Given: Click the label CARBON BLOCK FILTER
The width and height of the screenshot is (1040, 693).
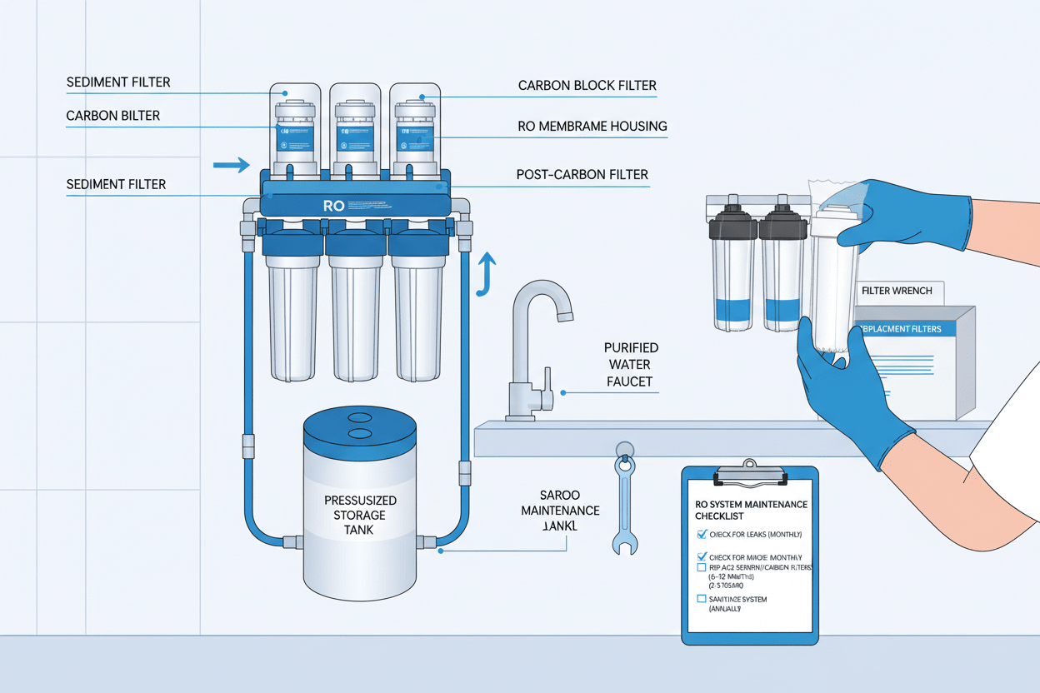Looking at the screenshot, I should (587, 85).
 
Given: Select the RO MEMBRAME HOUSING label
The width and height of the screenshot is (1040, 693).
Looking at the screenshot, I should (592, 127).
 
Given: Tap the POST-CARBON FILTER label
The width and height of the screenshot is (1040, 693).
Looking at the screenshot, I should (582, 175).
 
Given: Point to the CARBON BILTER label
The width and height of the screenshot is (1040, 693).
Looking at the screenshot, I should (112, 116).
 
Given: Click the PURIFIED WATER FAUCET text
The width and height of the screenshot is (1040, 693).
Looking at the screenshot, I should (631, 365).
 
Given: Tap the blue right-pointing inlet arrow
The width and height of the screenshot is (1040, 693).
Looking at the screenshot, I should (231, 165).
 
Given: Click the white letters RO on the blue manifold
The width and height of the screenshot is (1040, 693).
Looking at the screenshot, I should (333, 205).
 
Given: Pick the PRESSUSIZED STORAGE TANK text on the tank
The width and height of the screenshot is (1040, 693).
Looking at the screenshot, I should (360, 515).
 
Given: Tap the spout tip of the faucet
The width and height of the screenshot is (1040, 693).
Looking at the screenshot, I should (564, 315).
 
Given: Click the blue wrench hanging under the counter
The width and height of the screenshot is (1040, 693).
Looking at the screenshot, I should (624, 500).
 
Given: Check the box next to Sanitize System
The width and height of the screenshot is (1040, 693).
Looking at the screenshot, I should (701, 599).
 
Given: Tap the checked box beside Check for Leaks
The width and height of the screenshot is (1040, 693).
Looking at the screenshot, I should (701, 534).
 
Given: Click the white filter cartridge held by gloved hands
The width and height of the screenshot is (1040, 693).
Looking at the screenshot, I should (833, 283).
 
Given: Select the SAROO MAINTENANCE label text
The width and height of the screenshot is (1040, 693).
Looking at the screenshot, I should (559, 509).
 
